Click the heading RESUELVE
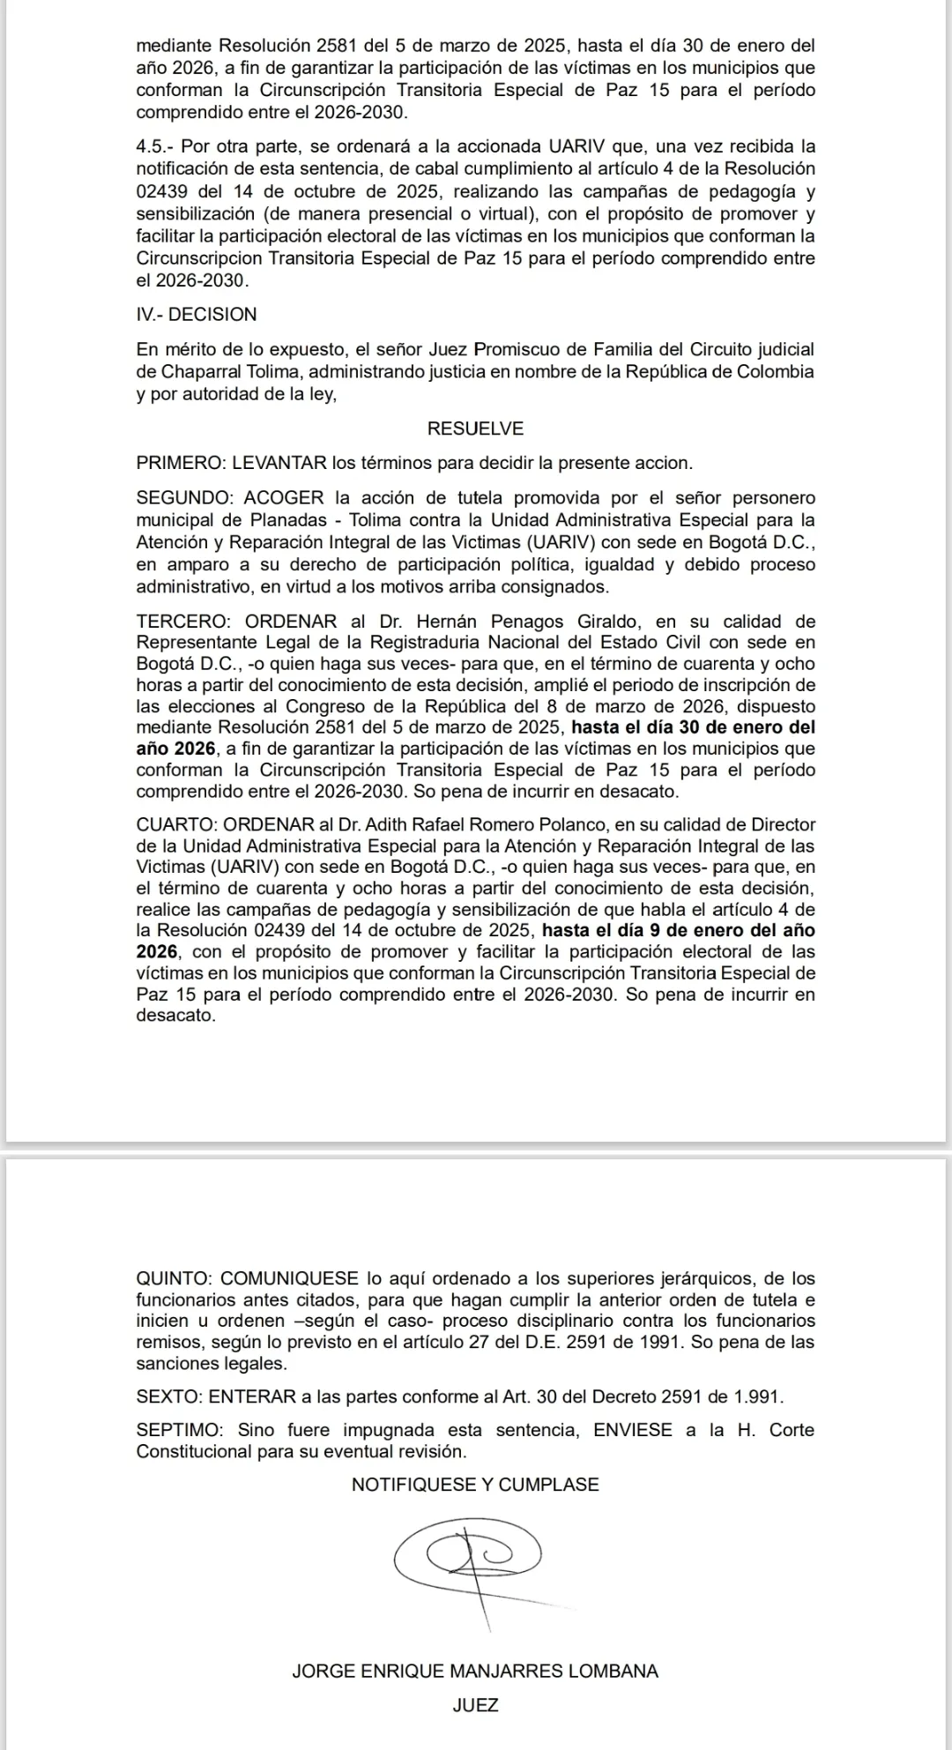(475, 429)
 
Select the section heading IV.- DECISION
(197, 315)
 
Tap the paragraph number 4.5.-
(155, 146)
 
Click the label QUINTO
(173, 1279)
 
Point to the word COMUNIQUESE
(289, 1279)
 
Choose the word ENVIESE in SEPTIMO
(633, 1430)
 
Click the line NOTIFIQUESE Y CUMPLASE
(475, 1485)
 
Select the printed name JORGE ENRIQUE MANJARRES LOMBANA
(475, 1672)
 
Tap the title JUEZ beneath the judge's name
(475, 1705)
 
